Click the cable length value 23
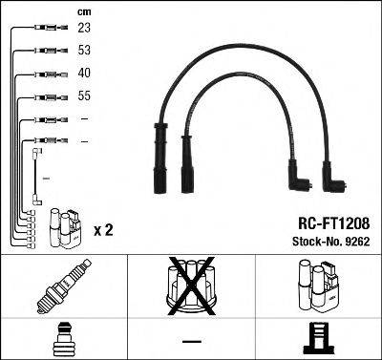(x=85, y=29)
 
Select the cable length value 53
(x=85, y=51)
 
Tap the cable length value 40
(x=85, y=74)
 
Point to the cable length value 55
(x=85, y=96)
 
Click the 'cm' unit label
(x=83, y=11)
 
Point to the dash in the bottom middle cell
(x=191, y=341)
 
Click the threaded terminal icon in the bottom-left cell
(x=63, y=340)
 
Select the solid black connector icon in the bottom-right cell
(x=318, y=341)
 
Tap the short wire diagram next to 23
(x=44, y=29)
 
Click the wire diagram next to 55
(x=44, y=96)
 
